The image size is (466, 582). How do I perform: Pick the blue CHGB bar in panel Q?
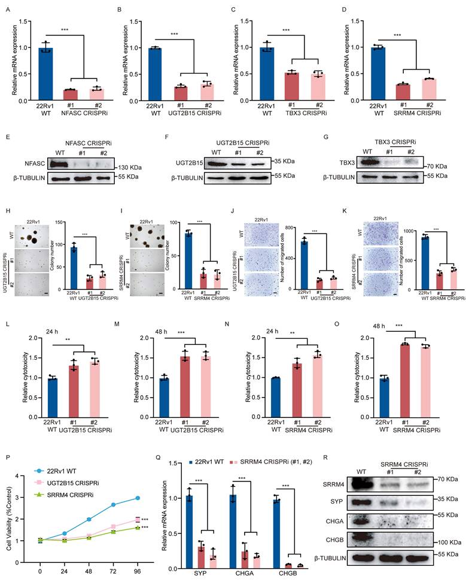(x=276, y=533)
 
